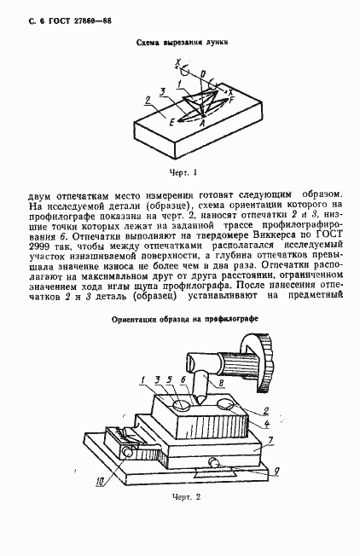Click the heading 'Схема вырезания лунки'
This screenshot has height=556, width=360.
click(180, 41)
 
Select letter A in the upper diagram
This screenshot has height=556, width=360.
click(202, 125)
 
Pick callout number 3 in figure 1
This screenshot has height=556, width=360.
click(162, 90)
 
